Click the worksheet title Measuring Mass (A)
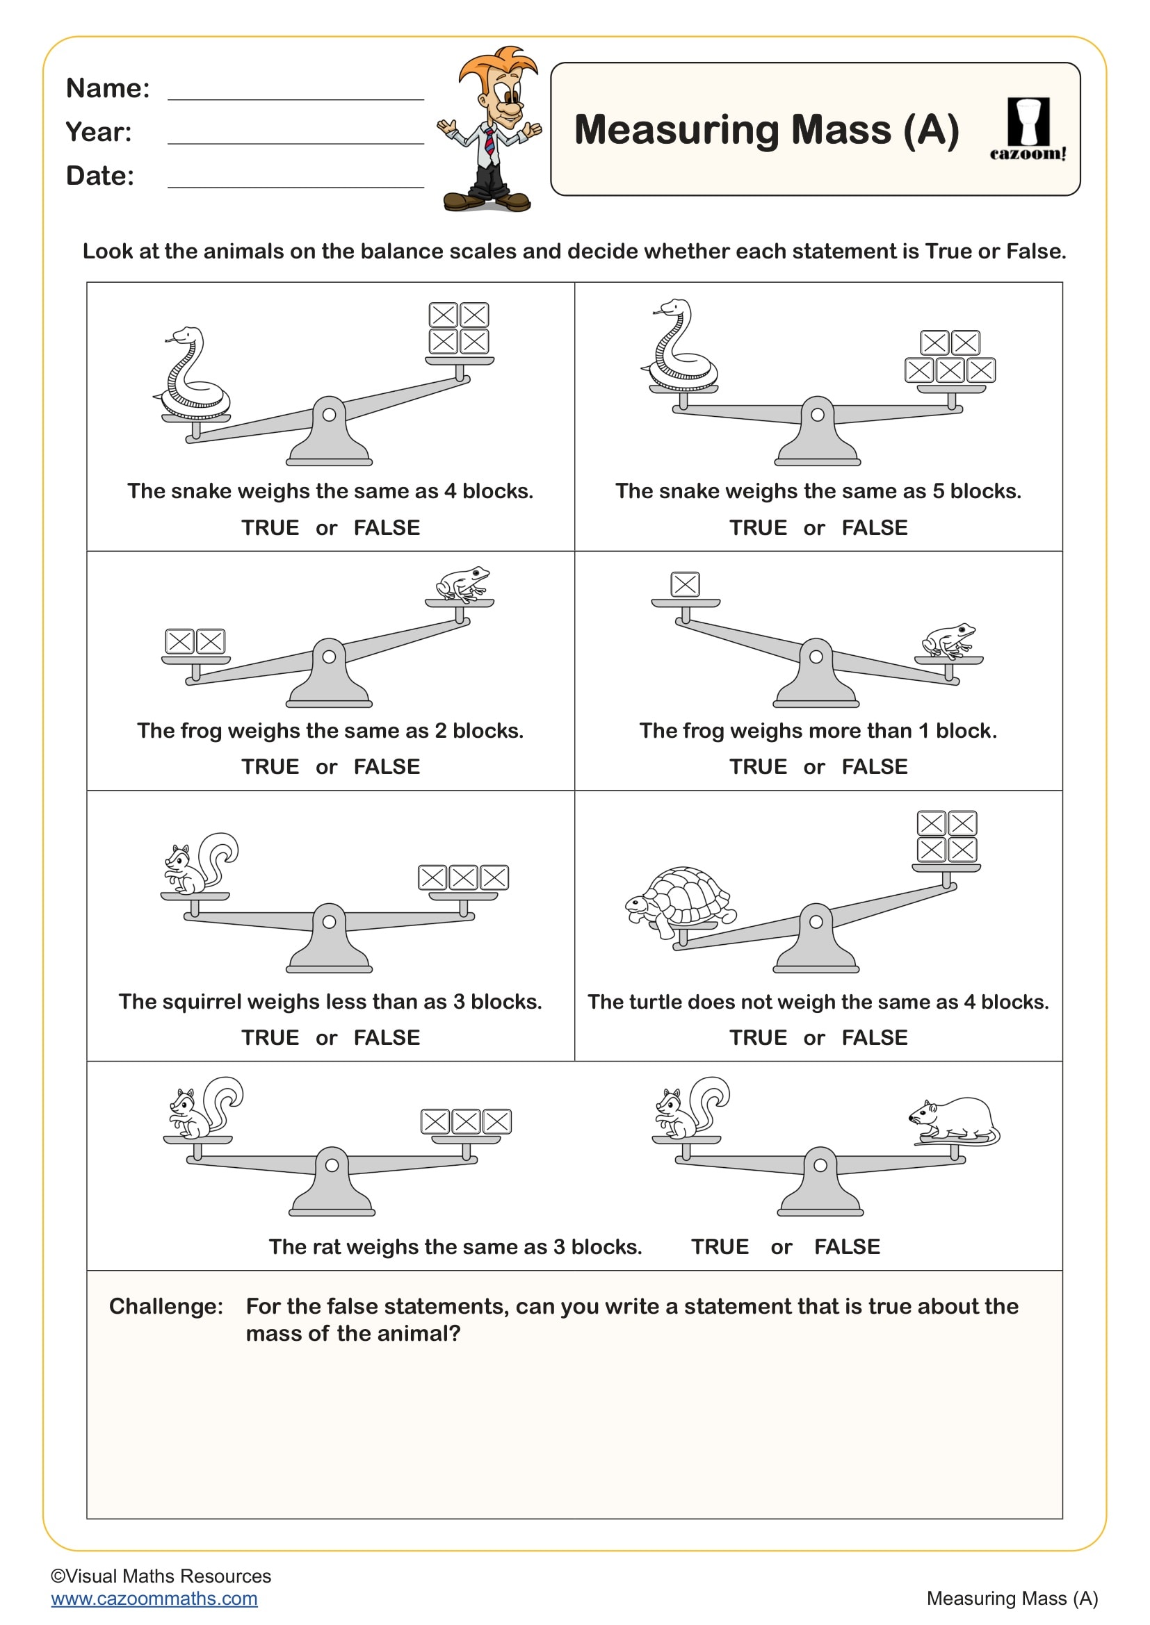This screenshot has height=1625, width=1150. click(766, 130)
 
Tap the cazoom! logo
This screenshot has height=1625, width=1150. click(1028, 130)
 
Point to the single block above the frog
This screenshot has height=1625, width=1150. click(685, 584)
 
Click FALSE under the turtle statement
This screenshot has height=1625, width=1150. click(874, 1037)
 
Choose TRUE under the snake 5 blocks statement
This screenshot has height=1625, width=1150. click(758, 527)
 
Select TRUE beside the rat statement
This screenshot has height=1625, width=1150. click(720, 1246)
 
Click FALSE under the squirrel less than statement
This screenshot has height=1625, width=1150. click(387, 1037)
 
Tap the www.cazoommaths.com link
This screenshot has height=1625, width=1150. click(154, 1598)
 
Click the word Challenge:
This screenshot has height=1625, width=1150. click(165, 1306)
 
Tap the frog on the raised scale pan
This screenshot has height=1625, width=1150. click(462, 583)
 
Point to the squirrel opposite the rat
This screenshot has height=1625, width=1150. click(689, 1108)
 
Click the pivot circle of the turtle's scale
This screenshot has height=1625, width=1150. click(816, 921)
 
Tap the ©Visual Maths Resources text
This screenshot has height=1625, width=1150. click(161, 1576)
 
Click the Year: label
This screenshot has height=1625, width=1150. click(99, 133)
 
